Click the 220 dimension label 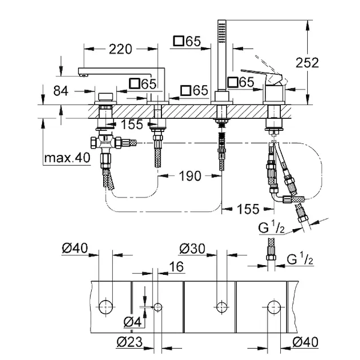[122, 49]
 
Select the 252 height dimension [306, 62]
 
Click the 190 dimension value [189, 176]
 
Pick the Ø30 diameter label [193, 248]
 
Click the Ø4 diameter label [132, 322]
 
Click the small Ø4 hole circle [158, 307]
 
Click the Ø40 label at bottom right [305, 343]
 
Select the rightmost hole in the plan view [274, 304]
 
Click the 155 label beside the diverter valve [130, 124]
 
